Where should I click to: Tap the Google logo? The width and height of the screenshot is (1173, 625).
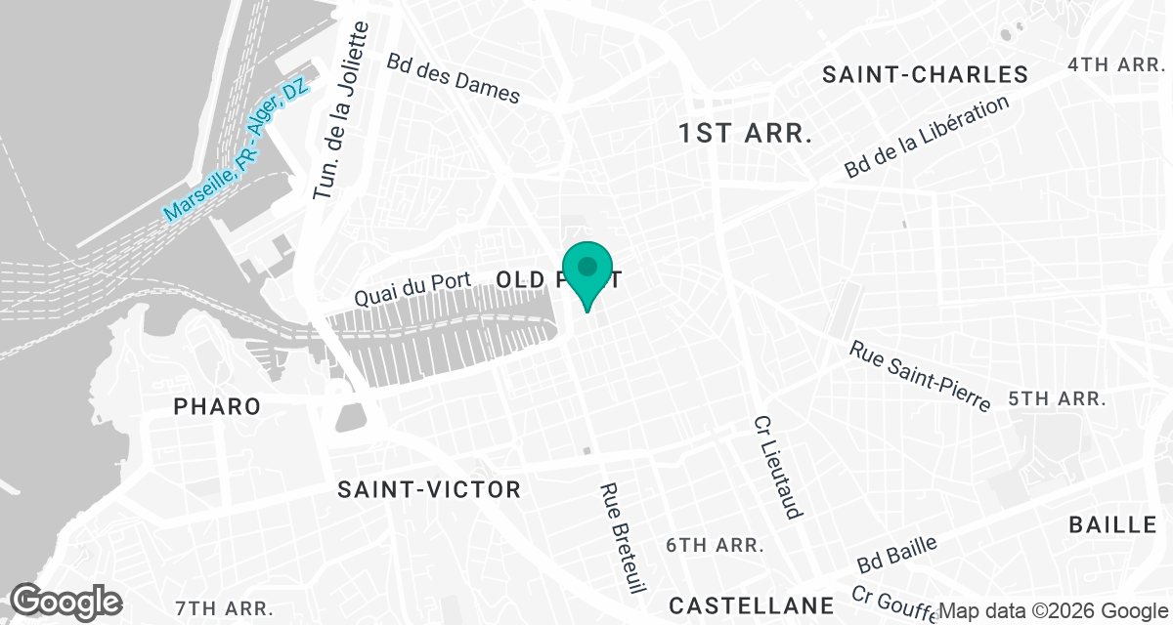tap(66, 601)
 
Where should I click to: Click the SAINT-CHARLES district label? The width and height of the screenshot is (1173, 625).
tap(925, 75)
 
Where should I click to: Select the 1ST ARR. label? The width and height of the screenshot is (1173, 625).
tap(746, 134)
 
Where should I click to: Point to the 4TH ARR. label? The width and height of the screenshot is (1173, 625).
tap(1117, 64)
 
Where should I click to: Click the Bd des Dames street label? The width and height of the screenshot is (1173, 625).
tap(454, 77)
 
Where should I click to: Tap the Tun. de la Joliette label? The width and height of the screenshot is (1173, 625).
tap(339, 111)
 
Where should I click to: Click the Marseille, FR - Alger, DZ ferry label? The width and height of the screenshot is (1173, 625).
tap(236, 149)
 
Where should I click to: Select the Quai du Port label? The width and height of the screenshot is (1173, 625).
tap(413, 289)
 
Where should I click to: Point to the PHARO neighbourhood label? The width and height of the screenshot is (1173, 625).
tap(217, 406)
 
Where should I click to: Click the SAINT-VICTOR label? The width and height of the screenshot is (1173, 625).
tap(429, 489)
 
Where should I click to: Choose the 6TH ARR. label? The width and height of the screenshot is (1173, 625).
tap(715, 544)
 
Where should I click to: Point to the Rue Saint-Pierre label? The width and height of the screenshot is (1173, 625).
tap(920, 375)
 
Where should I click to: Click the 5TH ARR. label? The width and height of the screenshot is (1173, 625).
tap(1057, 398)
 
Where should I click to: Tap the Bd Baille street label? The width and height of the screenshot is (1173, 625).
tap(897, 554)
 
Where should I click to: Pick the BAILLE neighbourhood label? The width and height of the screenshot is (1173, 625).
tap(1112, 524)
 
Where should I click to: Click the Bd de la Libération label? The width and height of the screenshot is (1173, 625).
tap(927, 137)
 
